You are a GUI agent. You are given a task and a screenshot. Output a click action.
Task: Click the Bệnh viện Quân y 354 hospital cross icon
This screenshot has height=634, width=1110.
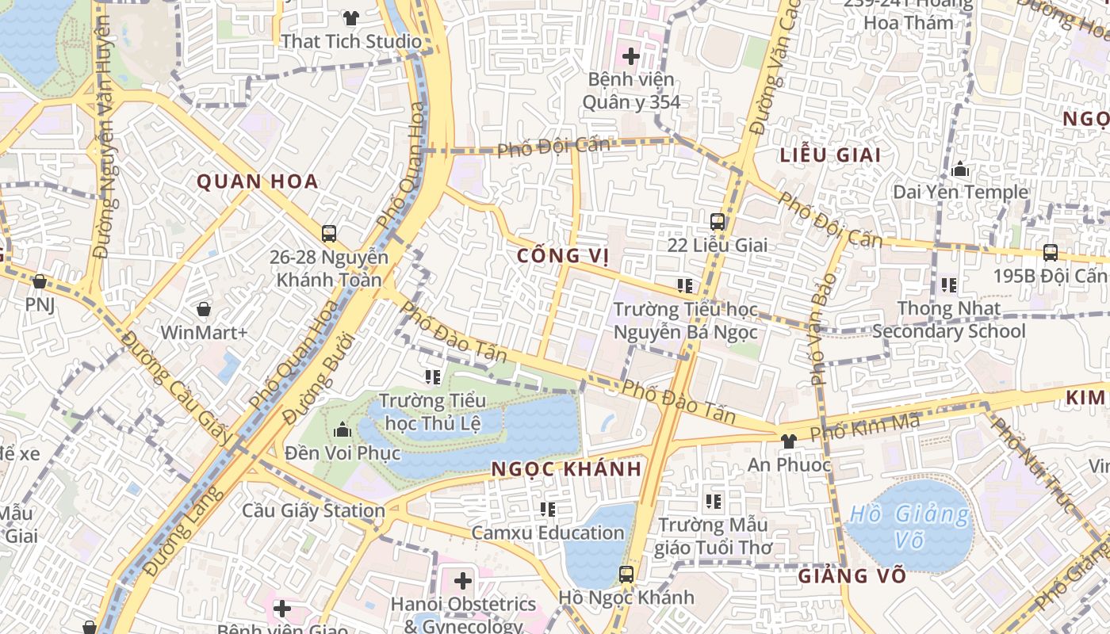click(x=631, y=56)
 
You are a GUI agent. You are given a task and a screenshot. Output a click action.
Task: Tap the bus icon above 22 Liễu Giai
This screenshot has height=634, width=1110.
click(x=718, y=222)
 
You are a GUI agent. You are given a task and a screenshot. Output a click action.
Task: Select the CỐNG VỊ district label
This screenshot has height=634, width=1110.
click(x=563, y=255)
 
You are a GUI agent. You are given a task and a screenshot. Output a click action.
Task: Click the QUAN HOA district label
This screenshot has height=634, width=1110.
click(x=257, y=181)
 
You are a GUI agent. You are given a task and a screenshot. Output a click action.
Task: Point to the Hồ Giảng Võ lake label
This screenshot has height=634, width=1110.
click(x=909, y=527)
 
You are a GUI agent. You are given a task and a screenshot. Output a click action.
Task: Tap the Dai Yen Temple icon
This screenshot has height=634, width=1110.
click(x=960, y=169)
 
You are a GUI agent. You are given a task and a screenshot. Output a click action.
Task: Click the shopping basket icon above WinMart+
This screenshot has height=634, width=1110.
click(x=204, y=309)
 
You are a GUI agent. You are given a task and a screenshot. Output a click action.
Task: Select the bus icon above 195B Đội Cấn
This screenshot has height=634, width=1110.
click(x=1051, y=253)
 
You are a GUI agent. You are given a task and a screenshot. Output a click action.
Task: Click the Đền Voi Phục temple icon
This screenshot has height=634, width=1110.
click(x=343, y=430)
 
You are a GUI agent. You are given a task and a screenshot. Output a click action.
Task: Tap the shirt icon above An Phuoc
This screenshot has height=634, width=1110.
click(x=788, y=441)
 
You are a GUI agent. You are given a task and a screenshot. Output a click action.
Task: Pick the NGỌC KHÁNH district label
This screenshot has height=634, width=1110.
click(x=566, y=468)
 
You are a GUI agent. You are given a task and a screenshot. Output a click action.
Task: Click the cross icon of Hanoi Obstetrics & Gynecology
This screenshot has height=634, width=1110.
click(x=463, y=581)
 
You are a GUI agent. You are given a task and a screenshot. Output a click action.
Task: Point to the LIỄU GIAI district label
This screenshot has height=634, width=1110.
click(x=830, y=155)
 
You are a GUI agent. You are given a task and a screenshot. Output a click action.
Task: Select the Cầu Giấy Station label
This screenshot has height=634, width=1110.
click(x=313, y=510)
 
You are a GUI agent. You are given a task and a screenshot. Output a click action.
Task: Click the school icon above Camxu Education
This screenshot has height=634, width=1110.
click(x=547, y=509)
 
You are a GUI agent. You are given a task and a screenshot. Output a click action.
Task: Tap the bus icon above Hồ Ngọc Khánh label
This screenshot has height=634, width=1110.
click(x=626, y=574)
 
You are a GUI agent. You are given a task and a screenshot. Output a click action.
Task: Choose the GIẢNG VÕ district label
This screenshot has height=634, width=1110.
click(x=852, y=575)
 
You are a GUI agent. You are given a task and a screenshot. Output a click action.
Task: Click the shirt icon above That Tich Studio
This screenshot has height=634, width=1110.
click(x=350, y=17)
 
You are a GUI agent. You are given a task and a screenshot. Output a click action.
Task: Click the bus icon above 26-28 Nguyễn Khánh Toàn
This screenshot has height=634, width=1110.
click(x=329, y=234)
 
